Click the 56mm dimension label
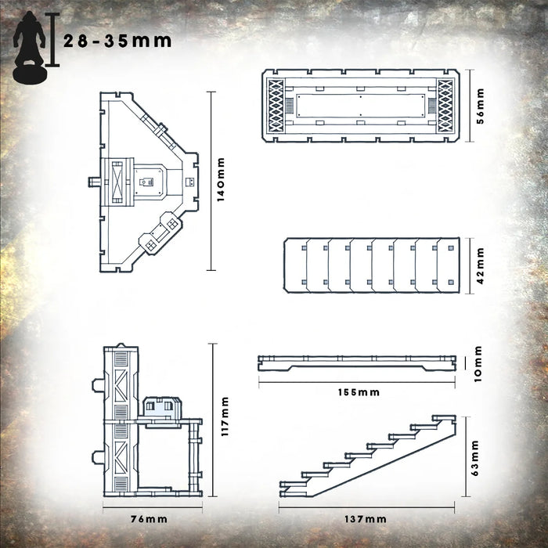(481, 106)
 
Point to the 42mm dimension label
(481, 265)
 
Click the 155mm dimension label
(357, 391)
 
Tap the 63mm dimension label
(481, 455)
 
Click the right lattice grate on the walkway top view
(445, 106)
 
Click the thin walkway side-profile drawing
(356, 361)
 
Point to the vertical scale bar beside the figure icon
(53, 39)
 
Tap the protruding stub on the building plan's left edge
(95, 182)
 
